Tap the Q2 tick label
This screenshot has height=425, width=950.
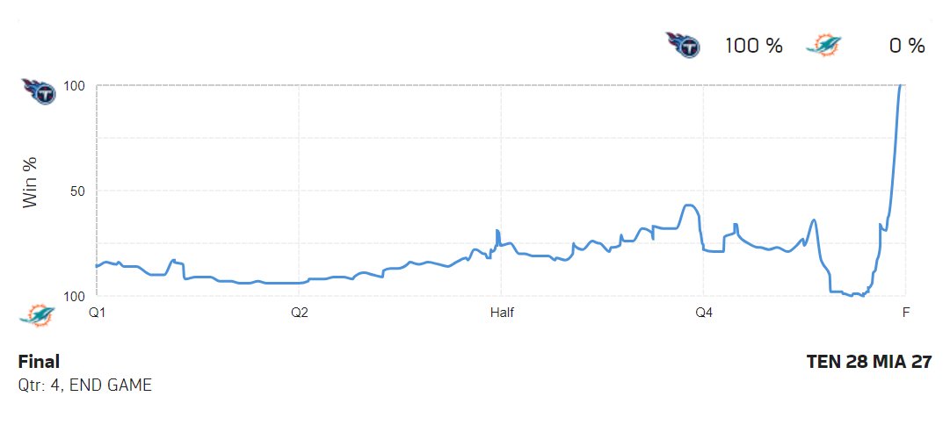299,312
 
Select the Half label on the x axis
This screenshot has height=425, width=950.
502,312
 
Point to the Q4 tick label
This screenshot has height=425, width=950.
704,312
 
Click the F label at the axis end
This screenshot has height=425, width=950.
905,312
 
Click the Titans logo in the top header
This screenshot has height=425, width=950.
683,45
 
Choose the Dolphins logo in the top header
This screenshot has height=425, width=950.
823,46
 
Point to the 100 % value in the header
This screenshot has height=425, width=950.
753,47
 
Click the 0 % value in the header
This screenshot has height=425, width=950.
907,47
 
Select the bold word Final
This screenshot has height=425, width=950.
39,362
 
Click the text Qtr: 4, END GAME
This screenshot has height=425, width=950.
84,385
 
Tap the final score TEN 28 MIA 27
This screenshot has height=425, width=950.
868,362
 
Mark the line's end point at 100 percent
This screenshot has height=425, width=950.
901,86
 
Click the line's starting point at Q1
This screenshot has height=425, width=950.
97,265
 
